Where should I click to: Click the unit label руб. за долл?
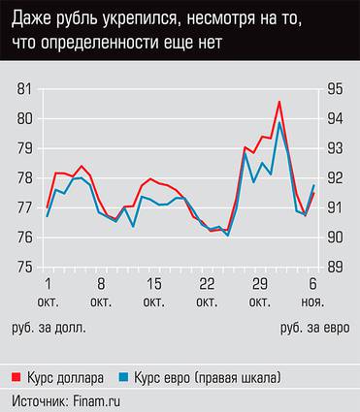(51, 329)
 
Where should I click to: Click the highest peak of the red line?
(279, 102)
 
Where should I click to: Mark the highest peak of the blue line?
(279, 123)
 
